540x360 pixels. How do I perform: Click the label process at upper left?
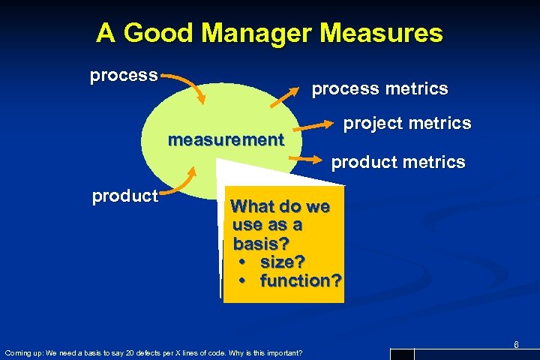pyautogui.click(x=124, y=76)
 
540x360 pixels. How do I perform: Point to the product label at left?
pyautogui.click(x=125, y=196)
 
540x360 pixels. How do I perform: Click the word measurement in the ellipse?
pyautogui.click(x=226, y=140)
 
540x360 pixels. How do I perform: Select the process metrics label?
pyautogui.click(x=379, y=88)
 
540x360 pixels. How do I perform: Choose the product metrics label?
pyautogui.click(x=398, y=162)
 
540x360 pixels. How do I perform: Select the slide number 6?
pyautogui.click(x=516, y=344)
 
